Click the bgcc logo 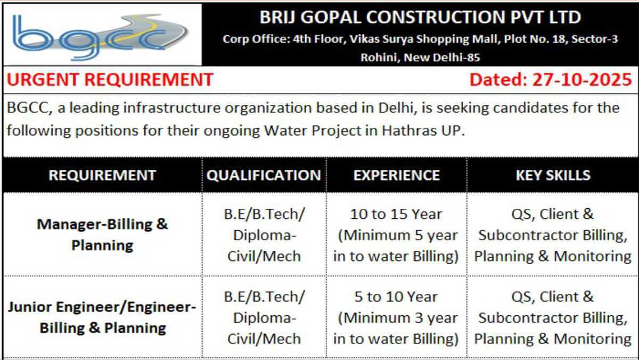click(100, 37)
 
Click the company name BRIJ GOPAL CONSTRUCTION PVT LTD click(420, 17)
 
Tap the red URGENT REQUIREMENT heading click(110, 79)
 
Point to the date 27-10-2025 click(582, 79)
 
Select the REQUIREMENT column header click(102, 175)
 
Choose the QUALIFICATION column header click(264, 175)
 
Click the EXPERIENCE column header click(397, 175)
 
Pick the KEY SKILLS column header click(553, 175)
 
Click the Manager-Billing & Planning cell click(102, 234)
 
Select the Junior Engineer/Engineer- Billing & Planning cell click(102, 317)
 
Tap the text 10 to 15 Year click(396, 214)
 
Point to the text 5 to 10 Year click(396, 297)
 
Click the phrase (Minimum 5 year click(398, 235)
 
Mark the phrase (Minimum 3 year click(398, 318)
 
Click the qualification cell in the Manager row click(264, 235)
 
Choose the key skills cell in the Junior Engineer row click(553, 318)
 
